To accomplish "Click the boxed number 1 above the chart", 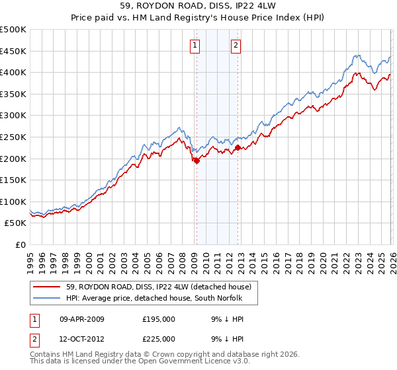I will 196,46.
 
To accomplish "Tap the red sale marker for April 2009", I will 197,161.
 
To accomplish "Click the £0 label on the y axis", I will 19,245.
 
